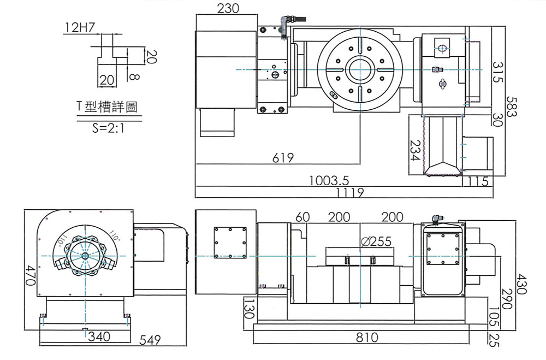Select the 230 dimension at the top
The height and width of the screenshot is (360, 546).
228,9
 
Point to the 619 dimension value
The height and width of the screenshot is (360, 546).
283,158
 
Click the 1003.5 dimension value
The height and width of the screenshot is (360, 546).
329,181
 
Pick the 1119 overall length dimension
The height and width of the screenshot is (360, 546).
350,192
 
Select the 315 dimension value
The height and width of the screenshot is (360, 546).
497,72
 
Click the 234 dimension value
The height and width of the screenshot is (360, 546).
415,150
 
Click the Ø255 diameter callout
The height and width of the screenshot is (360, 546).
377,242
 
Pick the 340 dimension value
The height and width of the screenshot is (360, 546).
99,336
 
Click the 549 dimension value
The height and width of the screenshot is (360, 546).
150,340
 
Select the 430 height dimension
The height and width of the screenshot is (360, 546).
521,284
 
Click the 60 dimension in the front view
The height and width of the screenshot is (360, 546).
302,217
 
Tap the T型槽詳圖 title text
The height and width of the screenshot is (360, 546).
108,107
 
